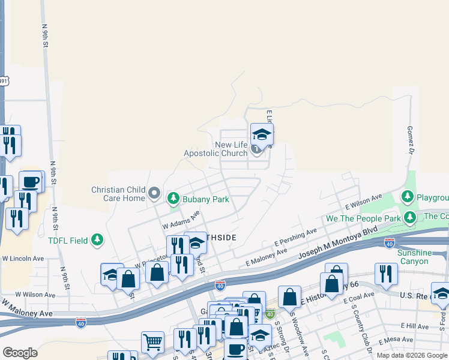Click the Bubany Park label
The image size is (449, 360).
coord(206,199)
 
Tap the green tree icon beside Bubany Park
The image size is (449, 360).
coord(173,197)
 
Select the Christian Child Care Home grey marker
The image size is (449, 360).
coord(154,194)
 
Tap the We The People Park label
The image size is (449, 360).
coord(363,219)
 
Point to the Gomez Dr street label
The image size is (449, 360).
coord(411,140)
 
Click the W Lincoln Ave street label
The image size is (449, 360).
coord(23,259)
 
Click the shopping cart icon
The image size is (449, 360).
coord(152,343)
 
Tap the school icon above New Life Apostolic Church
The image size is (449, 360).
coord(262,134)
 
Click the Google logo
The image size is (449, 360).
coord(20,352)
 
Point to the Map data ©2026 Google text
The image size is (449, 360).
coord(411,355)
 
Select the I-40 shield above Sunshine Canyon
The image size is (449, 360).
coord(390,243)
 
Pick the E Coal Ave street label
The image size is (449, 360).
coord(359,298)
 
